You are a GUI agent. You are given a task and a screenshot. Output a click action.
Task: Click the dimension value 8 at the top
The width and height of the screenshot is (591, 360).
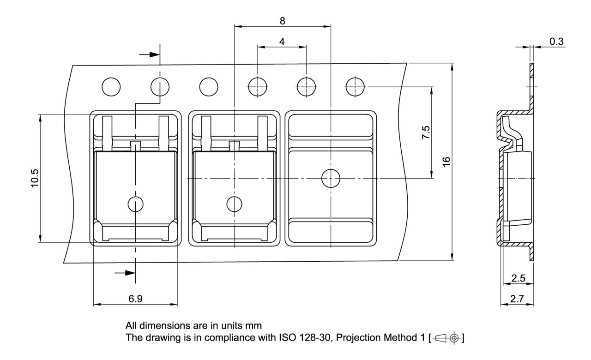pyautogui.click(x=282, y=21)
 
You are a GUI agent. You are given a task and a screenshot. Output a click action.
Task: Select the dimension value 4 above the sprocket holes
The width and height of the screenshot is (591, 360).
pyautogui.click(x=282, y=42)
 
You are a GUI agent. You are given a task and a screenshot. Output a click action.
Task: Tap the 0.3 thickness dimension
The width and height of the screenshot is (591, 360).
pyautogui.click(x=556, y=42)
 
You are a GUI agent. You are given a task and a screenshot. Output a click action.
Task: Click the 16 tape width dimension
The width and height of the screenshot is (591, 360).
pyautogui.click(x=446, y=161)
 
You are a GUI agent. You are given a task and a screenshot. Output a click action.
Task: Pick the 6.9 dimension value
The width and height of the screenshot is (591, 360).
pyautogui.click(x=135, y=299)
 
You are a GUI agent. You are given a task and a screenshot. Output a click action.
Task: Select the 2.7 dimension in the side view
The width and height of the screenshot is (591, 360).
pyautogui.click(x=517, y=299)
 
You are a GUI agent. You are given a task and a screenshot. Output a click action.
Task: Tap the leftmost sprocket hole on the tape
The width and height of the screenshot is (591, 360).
pyautogui.click(x=111, y=86)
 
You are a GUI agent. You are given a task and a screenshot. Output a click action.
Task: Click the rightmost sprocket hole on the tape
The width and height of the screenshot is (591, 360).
pyautogui.click(x=355, y=86)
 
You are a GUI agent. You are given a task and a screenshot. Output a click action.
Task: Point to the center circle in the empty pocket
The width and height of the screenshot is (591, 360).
pyautogui.click(x=331, y=178)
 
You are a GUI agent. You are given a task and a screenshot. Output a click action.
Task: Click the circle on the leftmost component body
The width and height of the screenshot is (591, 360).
pyautogui.click(x=135, y=204)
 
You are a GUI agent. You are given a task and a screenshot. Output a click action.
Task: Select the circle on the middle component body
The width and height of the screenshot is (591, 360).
pyautogui.click(x=235, y=204)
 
